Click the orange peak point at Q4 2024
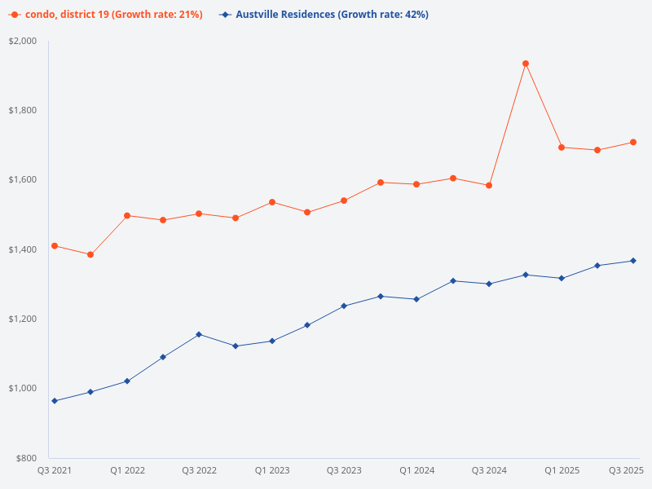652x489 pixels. click(526, 64)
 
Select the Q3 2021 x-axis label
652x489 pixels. click(55, 470)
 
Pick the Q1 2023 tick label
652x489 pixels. click(271, 470)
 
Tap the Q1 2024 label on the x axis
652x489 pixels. click(416, 470)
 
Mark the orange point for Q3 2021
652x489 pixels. click(55, 246)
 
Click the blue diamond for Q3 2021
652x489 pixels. click(55, 401)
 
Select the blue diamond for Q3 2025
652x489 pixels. click(633, 261)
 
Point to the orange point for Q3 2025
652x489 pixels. click(633, 143)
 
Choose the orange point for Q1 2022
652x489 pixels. click(127, 216)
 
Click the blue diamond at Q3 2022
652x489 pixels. click(199, 334)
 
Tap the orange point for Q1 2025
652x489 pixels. click(562, 148)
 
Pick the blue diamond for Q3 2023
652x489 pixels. click(344, 306)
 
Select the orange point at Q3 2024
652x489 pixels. click(489, 186)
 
